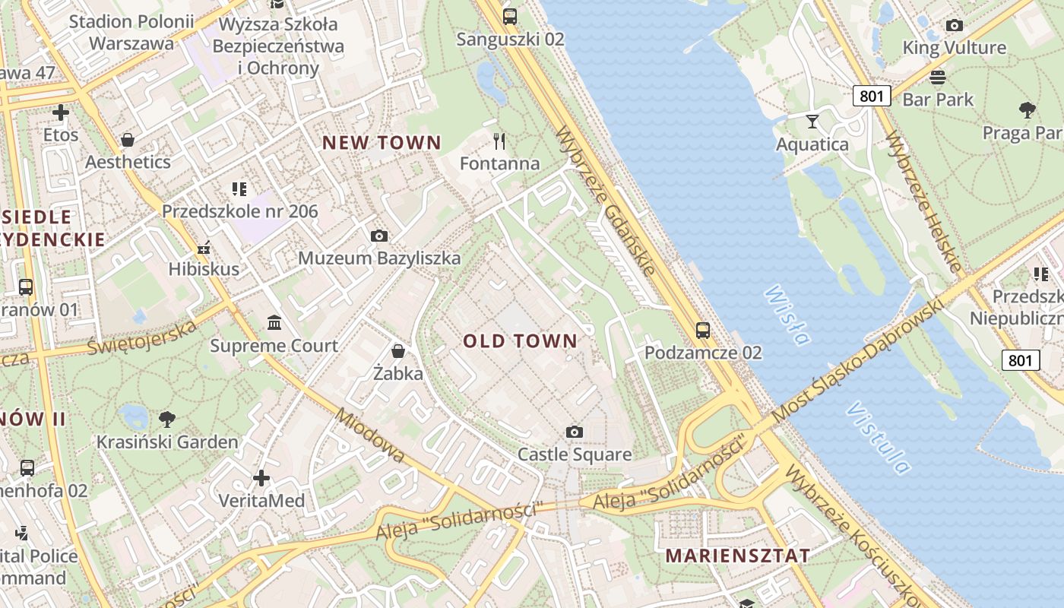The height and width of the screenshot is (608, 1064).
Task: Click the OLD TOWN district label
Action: click(x=521, y=340)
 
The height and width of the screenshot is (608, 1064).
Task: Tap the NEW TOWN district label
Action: click(x=382, y=142)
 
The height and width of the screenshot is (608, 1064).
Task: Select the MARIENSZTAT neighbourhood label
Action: click(x=738, y=556)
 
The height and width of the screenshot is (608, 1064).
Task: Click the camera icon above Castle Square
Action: click(x=575, y=432)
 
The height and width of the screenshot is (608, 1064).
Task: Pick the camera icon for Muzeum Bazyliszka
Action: click(x=379, y=236)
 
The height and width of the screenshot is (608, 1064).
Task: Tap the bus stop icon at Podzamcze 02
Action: click(x=703, y=331)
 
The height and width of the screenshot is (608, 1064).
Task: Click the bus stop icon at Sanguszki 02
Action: click(x=510, y=16)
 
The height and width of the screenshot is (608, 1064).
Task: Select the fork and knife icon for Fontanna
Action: click(x=499, y=141)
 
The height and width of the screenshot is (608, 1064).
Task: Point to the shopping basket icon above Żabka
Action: click(x=397, y=350)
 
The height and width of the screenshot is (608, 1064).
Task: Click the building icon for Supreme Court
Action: click(x=274, y=323)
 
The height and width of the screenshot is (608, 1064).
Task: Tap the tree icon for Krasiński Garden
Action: click(x=167, y=419)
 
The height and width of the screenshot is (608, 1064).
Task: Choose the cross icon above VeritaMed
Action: click(x=261, y=478)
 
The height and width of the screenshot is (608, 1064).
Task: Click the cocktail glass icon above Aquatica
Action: click(x=812, y=121)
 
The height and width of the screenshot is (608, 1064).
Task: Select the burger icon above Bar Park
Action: click(x=938, y=77)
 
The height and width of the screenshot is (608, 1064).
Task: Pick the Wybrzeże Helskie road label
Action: click(x=923, y=201)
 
